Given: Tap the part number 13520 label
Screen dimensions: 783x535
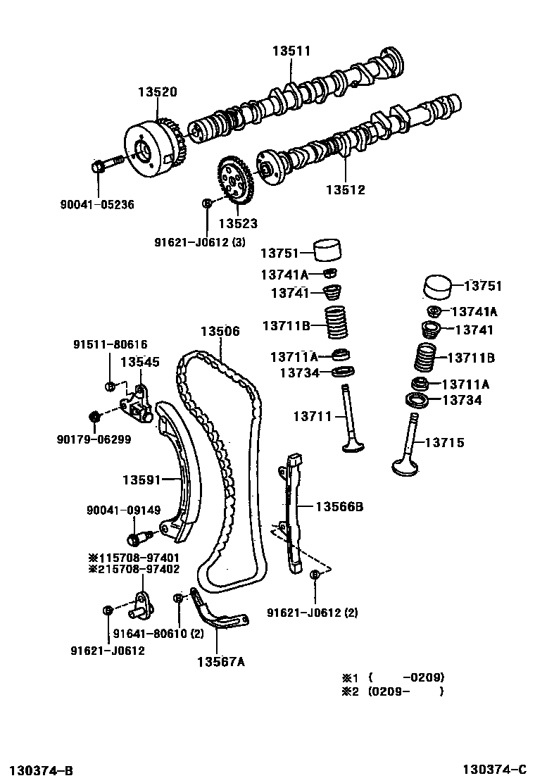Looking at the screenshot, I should (x=157, y=92).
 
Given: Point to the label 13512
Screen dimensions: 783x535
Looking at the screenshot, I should (x=346, y=189).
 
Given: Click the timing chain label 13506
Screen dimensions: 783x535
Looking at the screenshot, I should (x=220, y=330).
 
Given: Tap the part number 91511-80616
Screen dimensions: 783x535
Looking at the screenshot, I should (x=111, y=344).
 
